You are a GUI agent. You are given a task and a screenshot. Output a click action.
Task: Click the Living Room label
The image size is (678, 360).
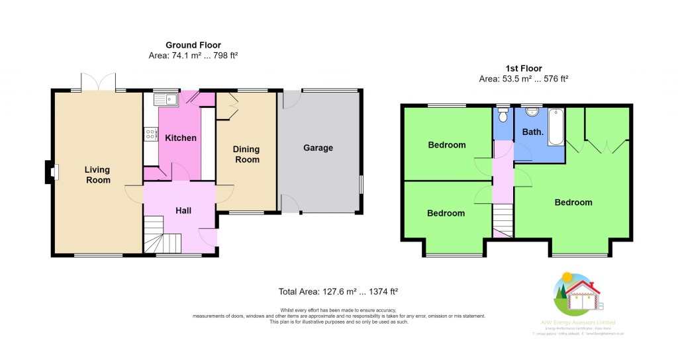pyautogui.click(x=97, y=175)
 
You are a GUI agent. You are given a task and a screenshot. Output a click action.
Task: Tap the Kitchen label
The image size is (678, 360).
pyautogui.click(x=181, y=138)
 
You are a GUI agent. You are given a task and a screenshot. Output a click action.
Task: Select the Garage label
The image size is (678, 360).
pyautogui.click(x=318, y=148)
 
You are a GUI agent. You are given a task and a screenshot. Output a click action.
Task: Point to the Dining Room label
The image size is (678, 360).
pyautogui.click(x=246, y=154)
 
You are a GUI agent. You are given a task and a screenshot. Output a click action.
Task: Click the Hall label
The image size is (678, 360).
pyautogui.click(x=183, y=210)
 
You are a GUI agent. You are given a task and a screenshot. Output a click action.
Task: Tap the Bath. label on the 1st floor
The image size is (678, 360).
pyautogui.click(x=533, y=132)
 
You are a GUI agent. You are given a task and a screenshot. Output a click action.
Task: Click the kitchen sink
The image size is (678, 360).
pyautogui.click(x=164, y=100)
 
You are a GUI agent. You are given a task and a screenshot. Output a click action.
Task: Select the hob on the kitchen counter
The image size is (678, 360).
pyautogui.click(x=148, y=134)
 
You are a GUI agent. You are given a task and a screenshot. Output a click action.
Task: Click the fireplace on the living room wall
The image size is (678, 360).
pyautogui.click(x=51, y=172)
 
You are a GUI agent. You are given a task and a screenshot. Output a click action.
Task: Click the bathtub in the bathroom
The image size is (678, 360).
pyautogui.click(x=555, y=126)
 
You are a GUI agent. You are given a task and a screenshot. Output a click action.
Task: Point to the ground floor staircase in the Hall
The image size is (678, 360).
pyautogui.click(x=164, y=238)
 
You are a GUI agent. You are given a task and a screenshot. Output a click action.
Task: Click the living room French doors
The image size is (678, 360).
pyautogui.click(x=99, y=84)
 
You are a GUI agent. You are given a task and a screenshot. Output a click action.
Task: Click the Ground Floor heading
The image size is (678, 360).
pyautogui.click(x=193, y=45)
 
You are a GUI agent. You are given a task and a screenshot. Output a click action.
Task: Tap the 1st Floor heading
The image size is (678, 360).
pyautogui.click(x=523, y=68)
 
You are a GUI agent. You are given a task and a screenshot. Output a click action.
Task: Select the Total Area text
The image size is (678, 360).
pyautogui.click(x=338, y=291)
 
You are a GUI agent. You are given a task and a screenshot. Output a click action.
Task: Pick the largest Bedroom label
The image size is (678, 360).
pyautogui.click(x=573, y=202)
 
